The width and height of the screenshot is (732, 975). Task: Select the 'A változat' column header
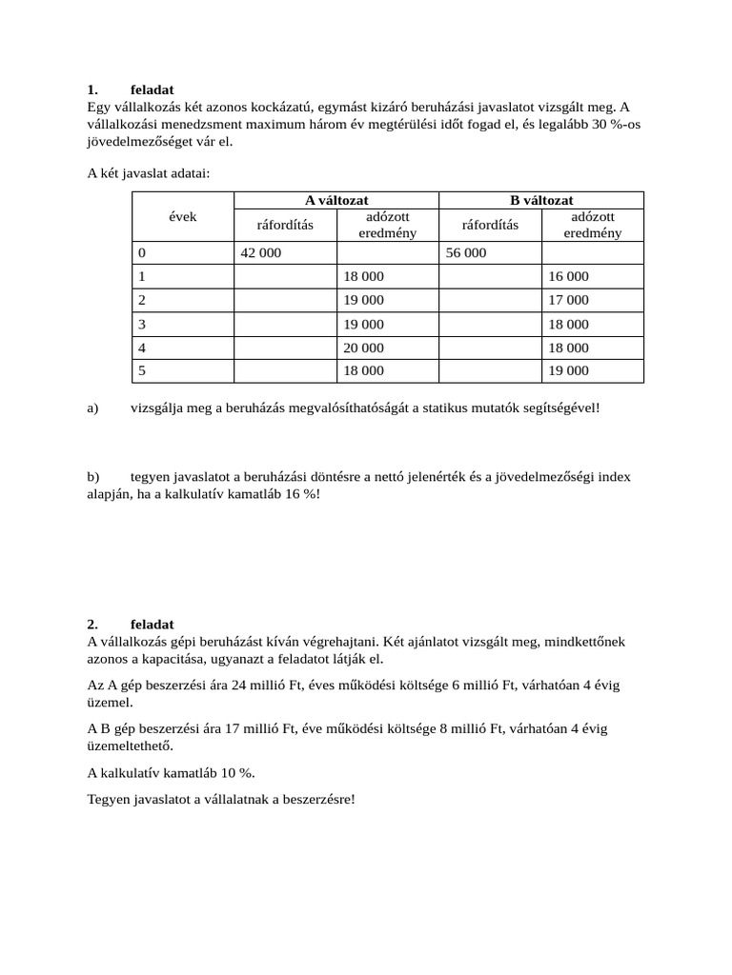[335, 200]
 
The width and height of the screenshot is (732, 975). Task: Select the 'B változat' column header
[541, 200]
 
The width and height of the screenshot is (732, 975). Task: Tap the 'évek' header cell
[183, 216]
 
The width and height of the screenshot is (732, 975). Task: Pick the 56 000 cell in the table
[465, 253]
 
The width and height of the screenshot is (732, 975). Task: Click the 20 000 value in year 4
[363, 348]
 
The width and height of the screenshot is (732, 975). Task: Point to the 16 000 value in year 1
[568, 277]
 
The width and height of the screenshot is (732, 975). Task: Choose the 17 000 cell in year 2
[568, 300]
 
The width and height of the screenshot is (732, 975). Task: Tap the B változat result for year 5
[568, 371]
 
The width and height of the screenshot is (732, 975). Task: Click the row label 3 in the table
[142, 325]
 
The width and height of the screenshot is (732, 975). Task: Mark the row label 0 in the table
[142, 253]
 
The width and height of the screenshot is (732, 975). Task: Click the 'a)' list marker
[92, 408]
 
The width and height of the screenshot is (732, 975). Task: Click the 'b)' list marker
[92, 476]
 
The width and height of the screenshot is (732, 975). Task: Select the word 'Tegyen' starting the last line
[107, 798]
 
